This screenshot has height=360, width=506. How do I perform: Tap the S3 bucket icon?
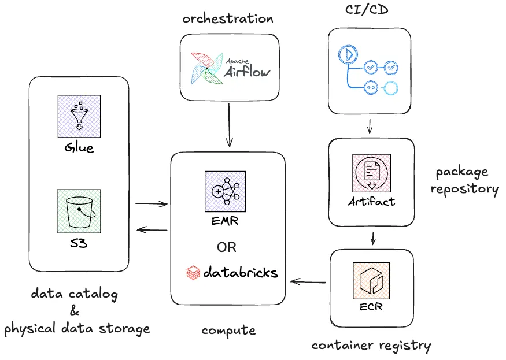[79, 211]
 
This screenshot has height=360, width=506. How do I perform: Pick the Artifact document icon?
[371, 173]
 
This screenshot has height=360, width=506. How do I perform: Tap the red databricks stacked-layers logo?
[193, 272]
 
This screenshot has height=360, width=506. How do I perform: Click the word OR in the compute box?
[227, 247]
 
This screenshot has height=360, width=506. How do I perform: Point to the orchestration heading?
[228, 18]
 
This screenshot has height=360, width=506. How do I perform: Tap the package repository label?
[466, 180]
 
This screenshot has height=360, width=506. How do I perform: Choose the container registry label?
[371, 346]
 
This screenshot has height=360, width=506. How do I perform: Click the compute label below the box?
[228, 330]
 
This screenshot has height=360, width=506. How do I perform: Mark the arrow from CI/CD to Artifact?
[370, 125]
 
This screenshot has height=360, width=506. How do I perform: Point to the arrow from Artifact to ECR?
[373, 237]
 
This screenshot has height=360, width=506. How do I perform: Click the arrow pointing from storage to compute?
[151, 203]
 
